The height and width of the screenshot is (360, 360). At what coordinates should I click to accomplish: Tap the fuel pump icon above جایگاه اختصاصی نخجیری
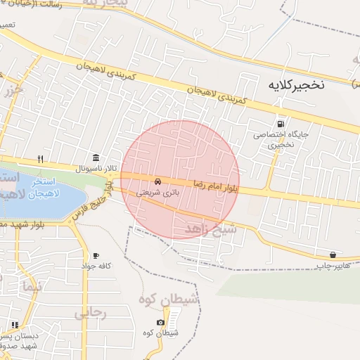[x=282, y=123]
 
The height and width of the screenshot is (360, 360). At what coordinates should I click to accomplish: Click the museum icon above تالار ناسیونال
[x=96, y=157]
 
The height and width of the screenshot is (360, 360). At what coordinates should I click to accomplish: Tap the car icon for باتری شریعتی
[x=157, y=181]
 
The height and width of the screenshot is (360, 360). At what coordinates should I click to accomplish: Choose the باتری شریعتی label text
[x=157, y=191]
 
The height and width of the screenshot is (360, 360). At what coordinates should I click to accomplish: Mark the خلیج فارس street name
[x=92, y=205]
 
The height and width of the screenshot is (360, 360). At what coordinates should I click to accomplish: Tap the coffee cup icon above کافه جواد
[x=96, y=255]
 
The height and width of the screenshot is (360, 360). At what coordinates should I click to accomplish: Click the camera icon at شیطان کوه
[x=161, y=323]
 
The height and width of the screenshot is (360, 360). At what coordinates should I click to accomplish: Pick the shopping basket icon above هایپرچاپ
[x=333, y=254]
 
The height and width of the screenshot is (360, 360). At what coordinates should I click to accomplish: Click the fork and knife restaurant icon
[x=41, y=158]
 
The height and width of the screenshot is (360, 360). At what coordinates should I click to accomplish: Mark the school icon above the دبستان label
[x=15, y=324]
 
